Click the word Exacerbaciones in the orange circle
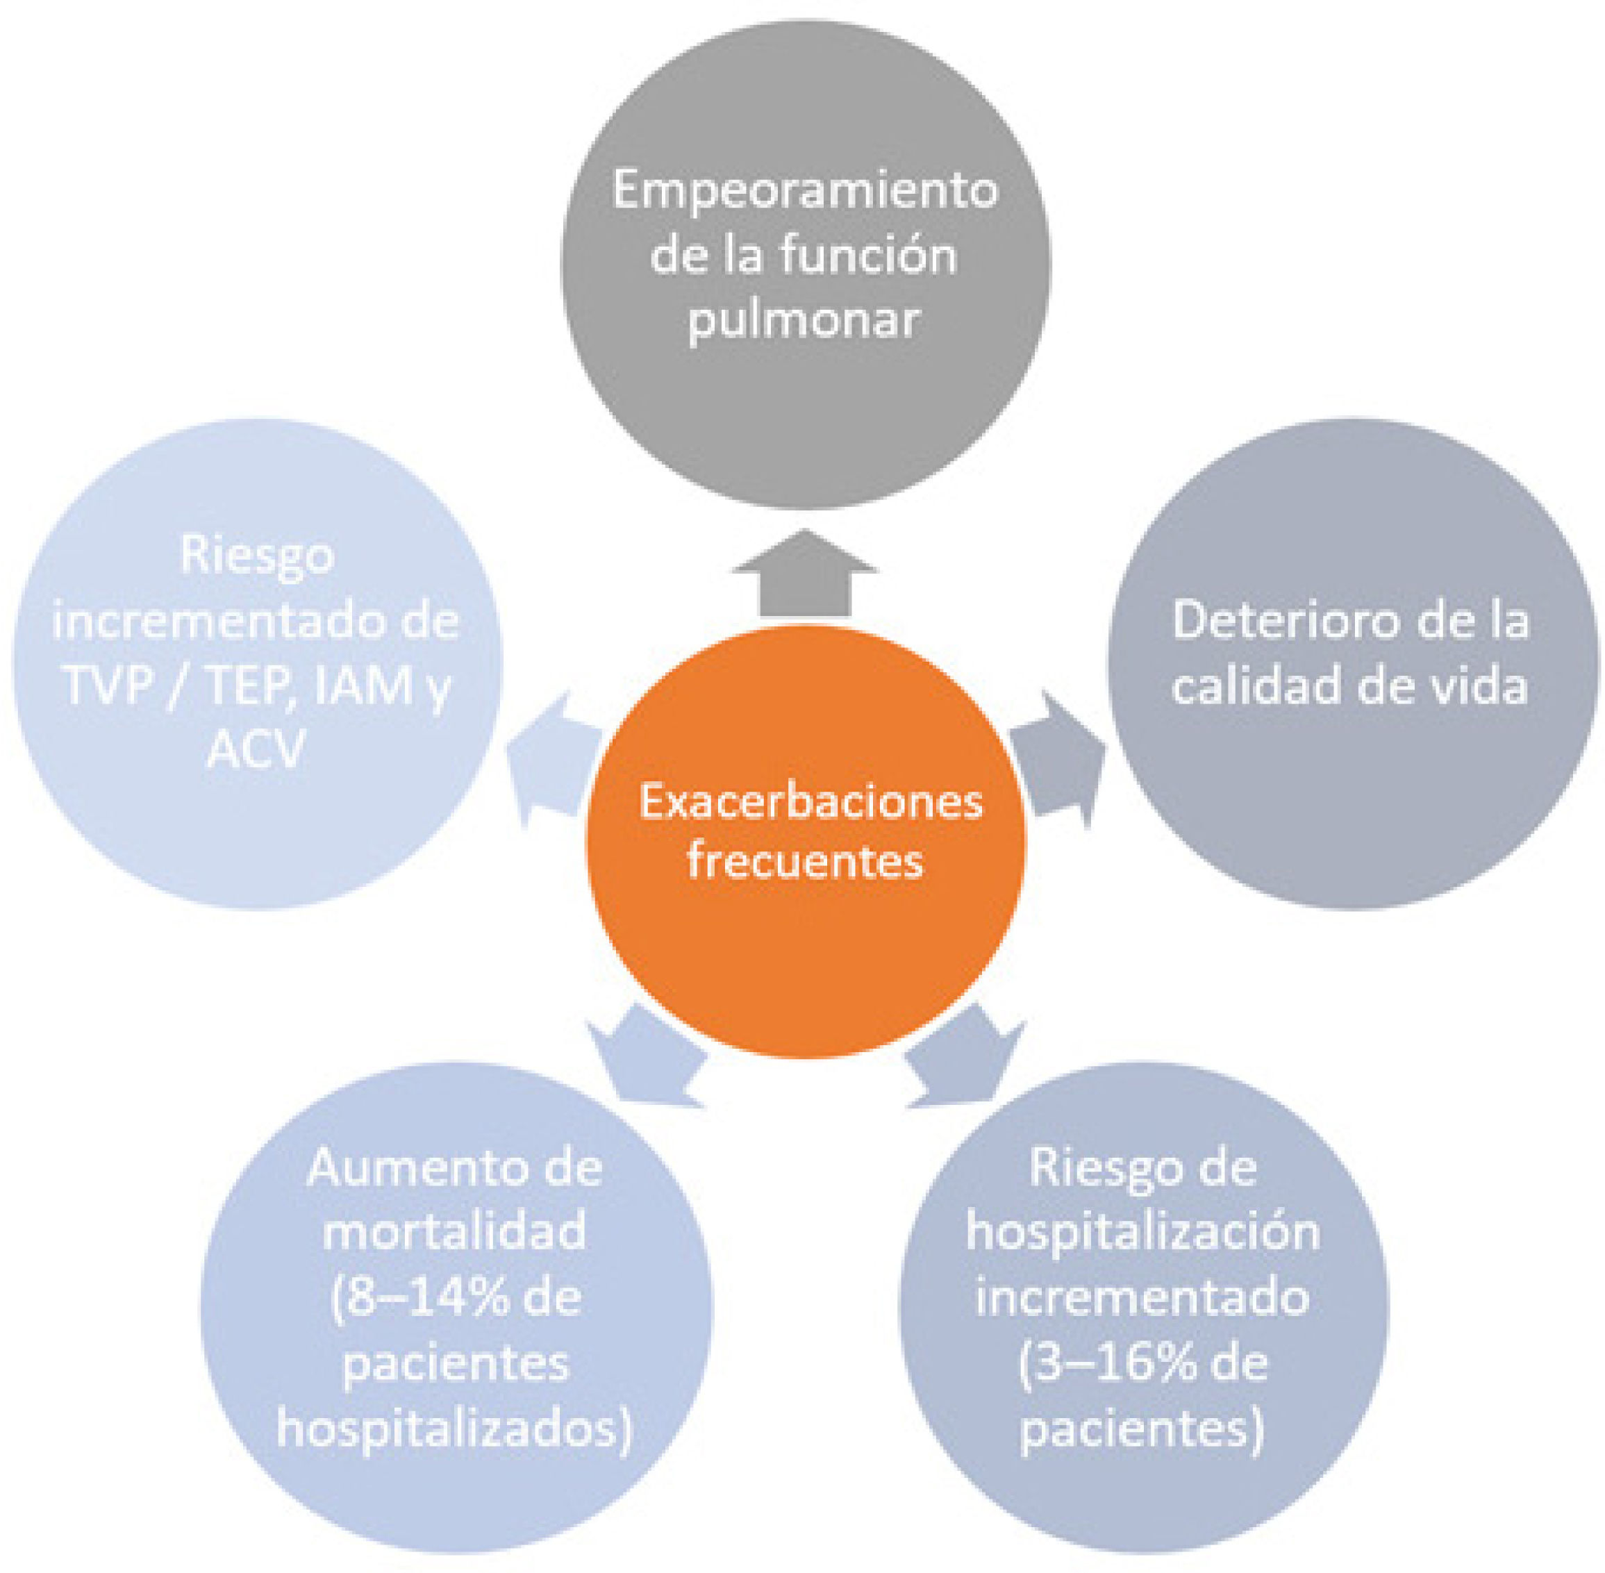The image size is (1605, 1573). (810, 801)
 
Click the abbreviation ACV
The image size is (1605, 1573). (256, 750)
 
